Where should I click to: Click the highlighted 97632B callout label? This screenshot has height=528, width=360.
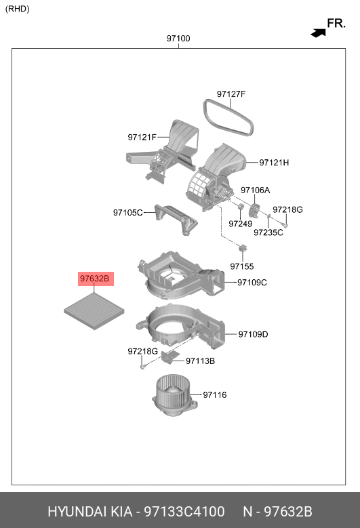coord(96,279)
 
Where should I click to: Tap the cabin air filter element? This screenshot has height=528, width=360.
coord(94,311)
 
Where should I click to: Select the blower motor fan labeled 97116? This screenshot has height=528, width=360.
coord(174,396)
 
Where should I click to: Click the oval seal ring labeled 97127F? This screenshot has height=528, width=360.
coord(228,118)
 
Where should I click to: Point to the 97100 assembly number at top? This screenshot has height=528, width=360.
coord(178,39)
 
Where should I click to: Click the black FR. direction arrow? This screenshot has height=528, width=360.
coord(318,33)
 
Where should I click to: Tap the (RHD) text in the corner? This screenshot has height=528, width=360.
coord(17,9)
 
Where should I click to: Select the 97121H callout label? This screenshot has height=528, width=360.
coord(274,163)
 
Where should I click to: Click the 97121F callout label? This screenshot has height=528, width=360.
coord(142,138)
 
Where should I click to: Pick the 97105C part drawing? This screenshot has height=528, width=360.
coord(176,219)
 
